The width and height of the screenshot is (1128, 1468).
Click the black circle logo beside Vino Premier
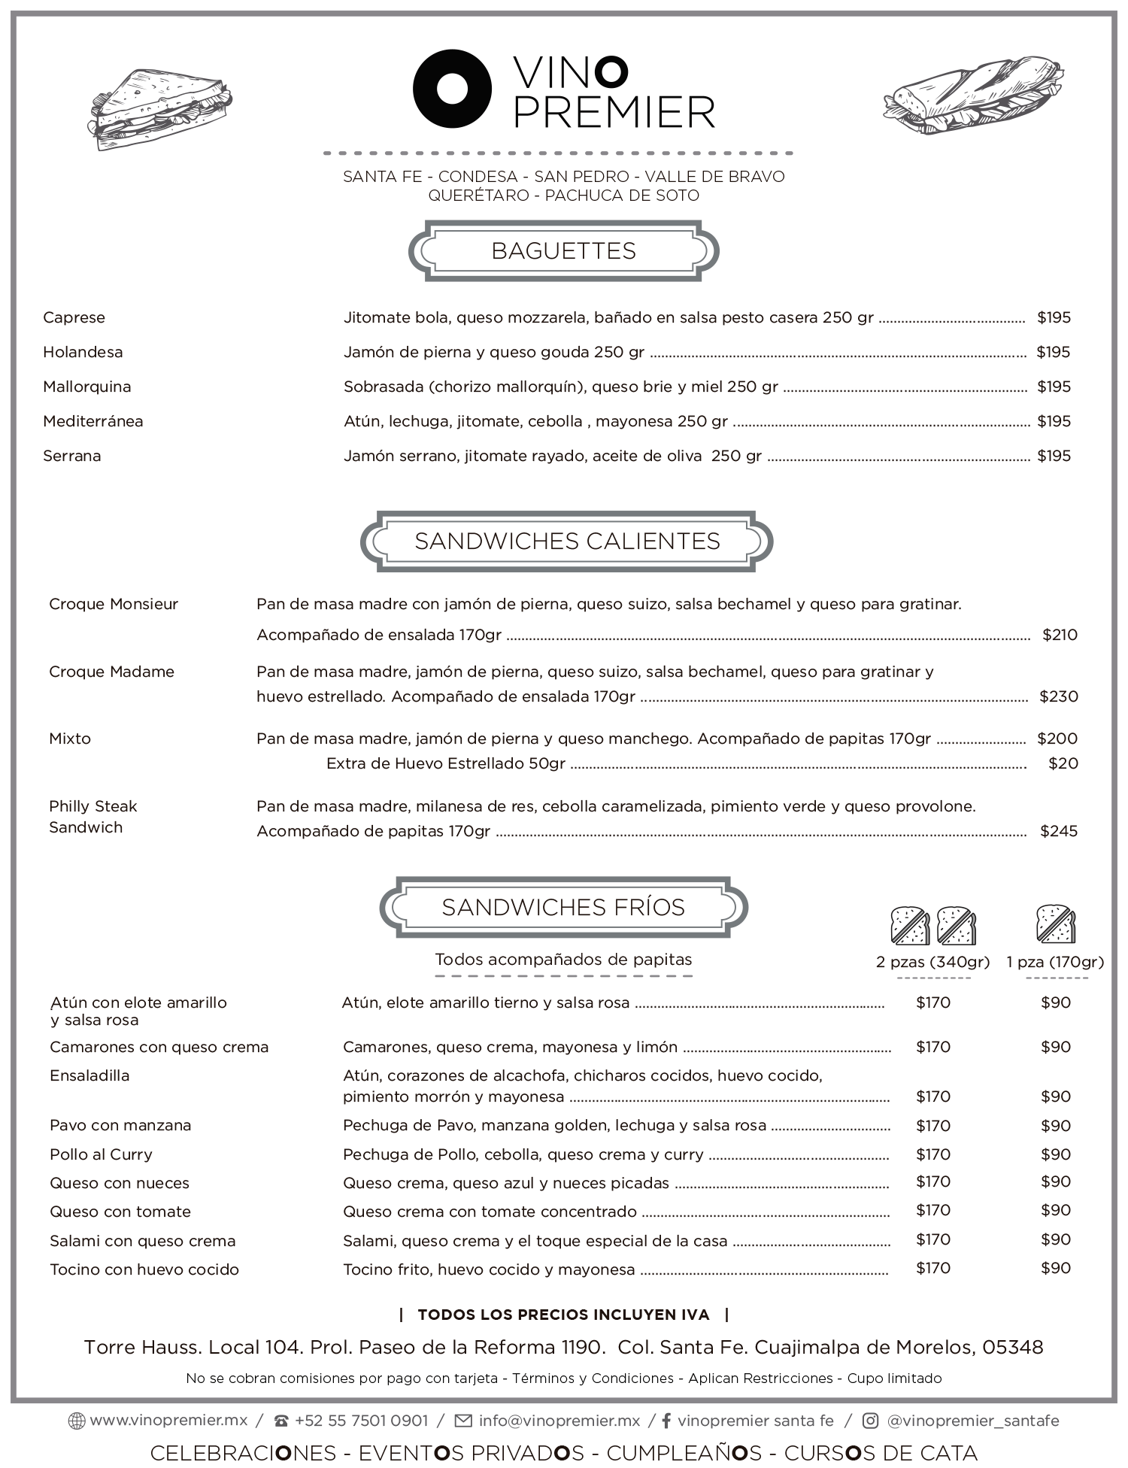point(452,89)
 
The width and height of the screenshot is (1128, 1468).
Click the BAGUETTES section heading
point(563,250)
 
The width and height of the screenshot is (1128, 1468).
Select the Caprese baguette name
point(74,317)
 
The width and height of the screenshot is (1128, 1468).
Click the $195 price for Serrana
point(1054,456)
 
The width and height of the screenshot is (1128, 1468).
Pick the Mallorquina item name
point(86,387)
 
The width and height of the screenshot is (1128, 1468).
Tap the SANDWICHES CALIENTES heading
point(567,541)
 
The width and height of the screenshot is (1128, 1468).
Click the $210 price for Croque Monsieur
point(1060,635)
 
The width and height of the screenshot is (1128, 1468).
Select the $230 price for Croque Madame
point(1059,696)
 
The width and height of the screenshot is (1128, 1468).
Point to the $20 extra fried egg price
point(1063,763)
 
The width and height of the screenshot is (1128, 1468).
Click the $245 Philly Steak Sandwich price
point(1059,831)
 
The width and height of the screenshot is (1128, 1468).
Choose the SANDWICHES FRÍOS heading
point(563,907)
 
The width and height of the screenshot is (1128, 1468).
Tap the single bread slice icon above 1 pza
point(1056,924)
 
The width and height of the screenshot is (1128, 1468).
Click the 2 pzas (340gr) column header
point(932,962)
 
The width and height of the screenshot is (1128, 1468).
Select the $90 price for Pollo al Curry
point(1055,1154)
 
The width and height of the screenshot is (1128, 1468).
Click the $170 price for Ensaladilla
point(933,1096)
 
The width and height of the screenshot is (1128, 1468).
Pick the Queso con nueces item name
point(120,1183)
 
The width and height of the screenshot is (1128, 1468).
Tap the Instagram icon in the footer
point(870,1421)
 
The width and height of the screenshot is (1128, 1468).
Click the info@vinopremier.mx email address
point(559,1421)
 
